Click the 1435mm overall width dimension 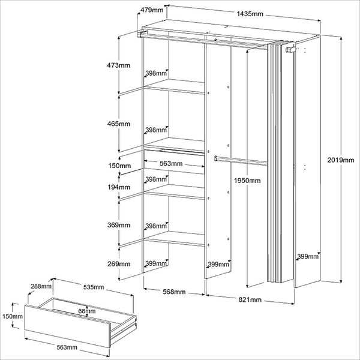(250, 13)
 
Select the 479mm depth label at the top (152, 10)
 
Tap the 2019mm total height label (343, 160)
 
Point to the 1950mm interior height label (247, 181)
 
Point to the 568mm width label (174, 292)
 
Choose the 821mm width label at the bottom (249, 299)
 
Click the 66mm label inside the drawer (87, 311)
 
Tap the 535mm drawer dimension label (92, 287)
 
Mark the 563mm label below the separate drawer (66, 347)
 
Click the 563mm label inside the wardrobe (171, 163)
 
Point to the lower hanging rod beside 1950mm (240, 160)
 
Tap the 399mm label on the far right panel (307, 257)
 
